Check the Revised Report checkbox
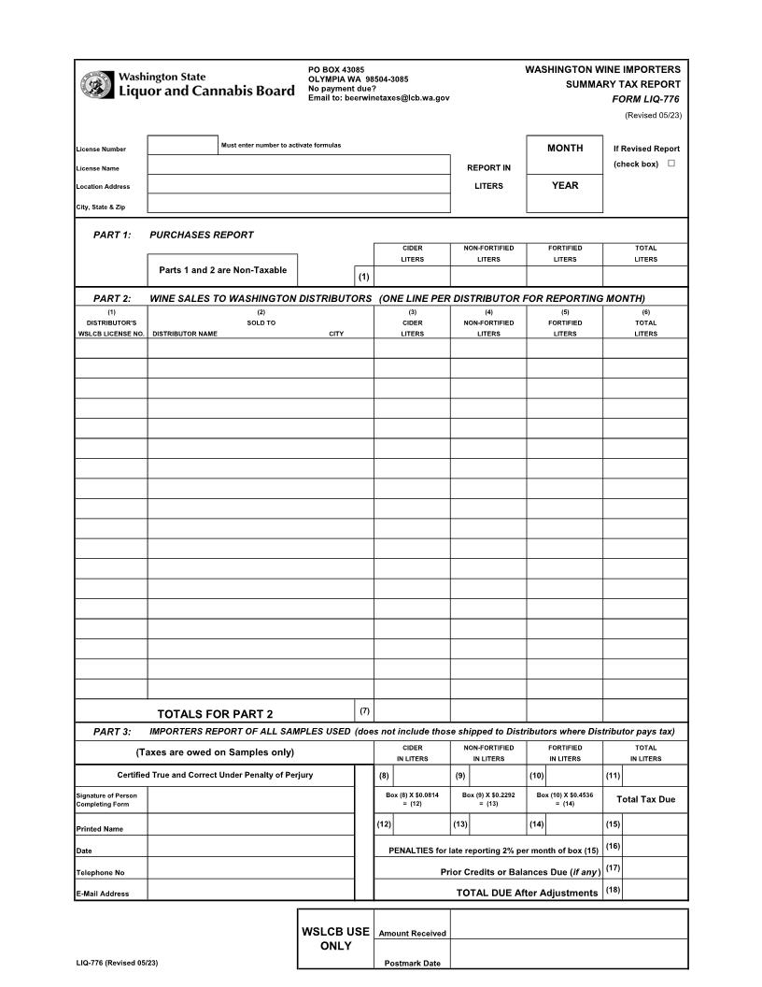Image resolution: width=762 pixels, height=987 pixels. click(x=670, y=164)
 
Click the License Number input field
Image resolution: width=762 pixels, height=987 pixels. click(x=182, y=145)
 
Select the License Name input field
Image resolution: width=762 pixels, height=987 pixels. click(x=299, y=165)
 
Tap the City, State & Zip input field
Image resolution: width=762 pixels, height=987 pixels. click(x=299, y=204)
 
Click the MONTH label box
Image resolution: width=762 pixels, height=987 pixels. click(x=565, y=149)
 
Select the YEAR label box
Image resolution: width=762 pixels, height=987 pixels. click(x=565, y=186)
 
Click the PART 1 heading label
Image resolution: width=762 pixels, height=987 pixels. click(x=112, y=235)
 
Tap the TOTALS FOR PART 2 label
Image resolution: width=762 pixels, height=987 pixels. click(x=215, y=714)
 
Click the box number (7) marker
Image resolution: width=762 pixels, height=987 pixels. click(x=364, y=711)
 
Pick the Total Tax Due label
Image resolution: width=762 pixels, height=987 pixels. click(x=645, y=799)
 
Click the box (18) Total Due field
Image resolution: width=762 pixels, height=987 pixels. click(x=656, y=891)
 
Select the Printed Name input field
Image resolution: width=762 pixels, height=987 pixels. click(x=250, y=824)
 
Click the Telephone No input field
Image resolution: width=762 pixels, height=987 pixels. click(x=250, y=868)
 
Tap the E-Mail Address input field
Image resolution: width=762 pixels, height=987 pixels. click(x=250, y=890)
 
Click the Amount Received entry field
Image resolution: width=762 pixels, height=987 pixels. click(x=568, y=924)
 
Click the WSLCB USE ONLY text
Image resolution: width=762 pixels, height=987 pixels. click(x=335, y=938)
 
